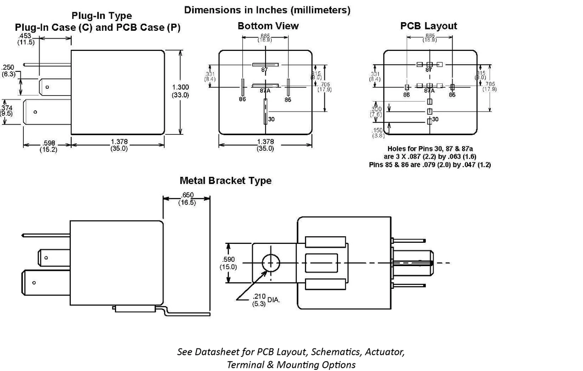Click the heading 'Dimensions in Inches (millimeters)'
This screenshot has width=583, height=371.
(x=267, y=10)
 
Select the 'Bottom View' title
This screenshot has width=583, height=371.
(x=268, y=26)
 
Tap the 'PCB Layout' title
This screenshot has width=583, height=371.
(x=429, y=26)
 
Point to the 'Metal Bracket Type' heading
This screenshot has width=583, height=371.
(x=226, y=181)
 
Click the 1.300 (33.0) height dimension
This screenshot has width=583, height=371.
(x=180, y=91)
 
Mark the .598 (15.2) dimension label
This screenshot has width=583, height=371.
(x=48, y=147)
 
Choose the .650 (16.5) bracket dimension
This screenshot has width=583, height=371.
(x=187, y=198)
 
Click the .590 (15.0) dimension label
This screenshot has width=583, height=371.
(x=228, y=262)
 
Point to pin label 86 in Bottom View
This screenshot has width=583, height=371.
(x=242, y=100)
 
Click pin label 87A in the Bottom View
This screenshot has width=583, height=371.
(x=265, y=91)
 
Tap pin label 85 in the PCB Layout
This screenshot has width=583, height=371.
(x=452, y=95)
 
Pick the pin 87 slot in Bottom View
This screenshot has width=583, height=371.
(x=265, y=64)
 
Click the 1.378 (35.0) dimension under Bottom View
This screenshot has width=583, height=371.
(x=265, y=145)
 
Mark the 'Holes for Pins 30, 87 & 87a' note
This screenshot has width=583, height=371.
(x=430, y=148)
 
